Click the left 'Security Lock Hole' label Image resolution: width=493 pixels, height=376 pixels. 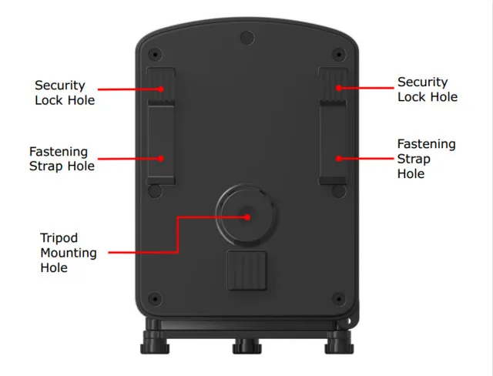point(65,92)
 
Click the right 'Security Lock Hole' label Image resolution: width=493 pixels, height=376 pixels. point(427,89)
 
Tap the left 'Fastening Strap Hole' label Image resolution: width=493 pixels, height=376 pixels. point(62,159)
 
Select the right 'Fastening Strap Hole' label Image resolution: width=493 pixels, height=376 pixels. point(426,159)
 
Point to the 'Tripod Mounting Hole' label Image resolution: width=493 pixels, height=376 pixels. point(68,253)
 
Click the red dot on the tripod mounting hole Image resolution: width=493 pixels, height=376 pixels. point(247,217)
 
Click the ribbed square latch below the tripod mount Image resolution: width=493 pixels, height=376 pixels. point(246,270)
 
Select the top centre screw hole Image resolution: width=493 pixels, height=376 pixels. point(246,36)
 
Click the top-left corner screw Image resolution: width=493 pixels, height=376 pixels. point(156,55)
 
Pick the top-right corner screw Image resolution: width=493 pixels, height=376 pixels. point(338,55)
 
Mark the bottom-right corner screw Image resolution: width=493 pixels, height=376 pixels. point(337,297)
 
